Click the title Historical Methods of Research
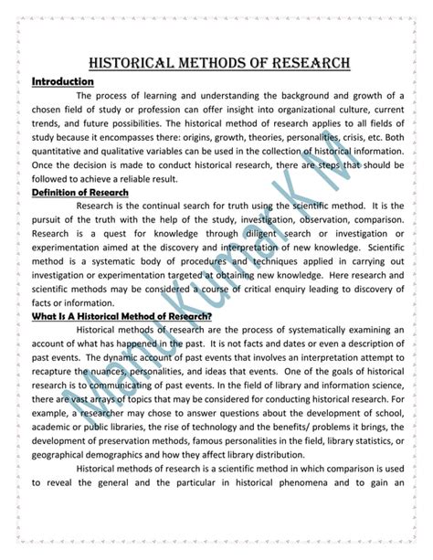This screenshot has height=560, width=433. coord(216,63)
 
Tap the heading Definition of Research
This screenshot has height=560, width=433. coord(79,193)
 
